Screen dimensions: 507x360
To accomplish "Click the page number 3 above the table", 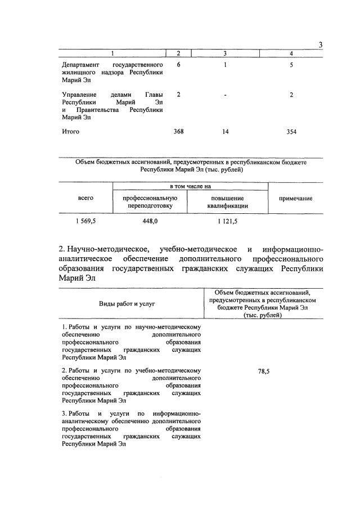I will pyautogui.click(x=320, y=45).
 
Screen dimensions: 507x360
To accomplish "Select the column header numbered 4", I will pyautogui.click(x=291, y=53).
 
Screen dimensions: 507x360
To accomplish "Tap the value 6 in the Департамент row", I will pyautogui.click(x=178, y=65).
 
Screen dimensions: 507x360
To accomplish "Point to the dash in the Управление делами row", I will pyautogui.click(x=225, y=95).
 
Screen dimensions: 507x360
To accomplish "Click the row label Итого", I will pyautogui.click(x=71, y=132).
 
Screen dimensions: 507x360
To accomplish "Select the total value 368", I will pyautogui.click(x=179, y=132).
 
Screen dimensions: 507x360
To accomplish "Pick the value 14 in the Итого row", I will pyautogui.click(x=225, y=132).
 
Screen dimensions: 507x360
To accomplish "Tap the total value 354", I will pyautogui.click(x=291, y=132).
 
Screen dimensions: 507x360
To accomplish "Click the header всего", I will pyautogui.click(x=85, y=198).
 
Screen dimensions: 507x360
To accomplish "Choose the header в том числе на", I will pyautogui.click(x=190, y=186).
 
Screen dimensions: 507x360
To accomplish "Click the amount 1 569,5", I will pyautogui.click(x=85, y=222).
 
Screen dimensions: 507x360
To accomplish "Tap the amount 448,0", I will pyautogui.click(x=150, y=222).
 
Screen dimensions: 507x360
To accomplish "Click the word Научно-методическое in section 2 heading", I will pyautogui.click(x=109, y=249).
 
